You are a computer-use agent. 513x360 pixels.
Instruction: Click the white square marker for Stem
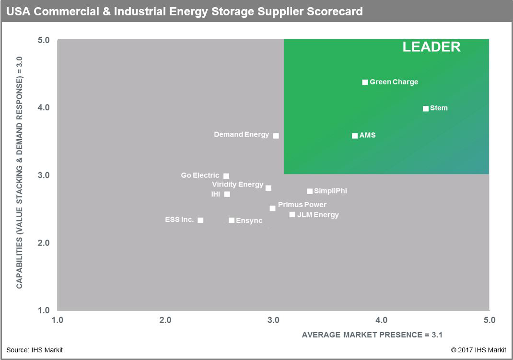tap(425, 109)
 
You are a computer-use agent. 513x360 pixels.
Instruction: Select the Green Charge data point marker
tap(365, 82)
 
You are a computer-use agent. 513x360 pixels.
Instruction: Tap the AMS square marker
tap(355, 136)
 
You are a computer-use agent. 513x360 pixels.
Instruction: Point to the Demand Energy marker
tap(276, 136)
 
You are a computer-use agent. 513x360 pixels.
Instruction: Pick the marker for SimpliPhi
tap(310, 191)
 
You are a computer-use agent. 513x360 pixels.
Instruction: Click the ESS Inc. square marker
tap(200, 220)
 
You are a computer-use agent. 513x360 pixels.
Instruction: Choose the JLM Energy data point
tap(292, 214)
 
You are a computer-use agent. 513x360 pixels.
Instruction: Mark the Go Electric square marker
tap(226, 176)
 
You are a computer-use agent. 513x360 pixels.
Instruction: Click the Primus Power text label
tap(302, 205)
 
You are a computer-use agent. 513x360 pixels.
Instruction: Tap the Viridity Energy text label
tap(238, 185)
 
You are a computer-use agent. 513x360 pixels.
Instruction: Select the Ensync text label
tap(249, 221)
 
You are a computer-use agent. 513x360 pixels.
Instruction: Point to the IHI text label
tap(216, 194)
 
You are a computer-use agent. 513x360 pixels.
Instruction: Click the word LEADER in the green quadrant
tap(431, 47)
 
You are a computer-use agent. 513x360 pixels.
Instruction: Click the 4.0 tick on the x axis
tap(381, 320)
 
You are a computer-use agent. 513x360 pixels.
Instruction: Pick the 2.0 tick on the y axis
tap(44, 243)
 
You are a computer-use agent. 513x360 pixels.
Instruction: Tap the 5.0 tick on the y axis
tap(44, 40)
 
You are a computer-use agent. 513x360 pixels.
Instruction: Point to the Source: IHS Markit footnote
tap(35, 350)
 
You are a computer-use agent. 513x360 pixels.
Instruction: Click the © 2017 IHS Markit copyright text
tap(478, 350)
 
